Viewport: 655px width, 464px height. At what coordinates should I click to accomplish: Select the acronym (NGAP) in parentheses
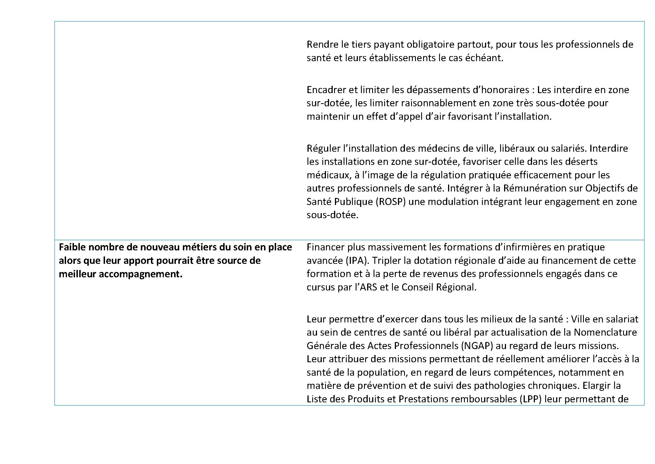477,346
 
